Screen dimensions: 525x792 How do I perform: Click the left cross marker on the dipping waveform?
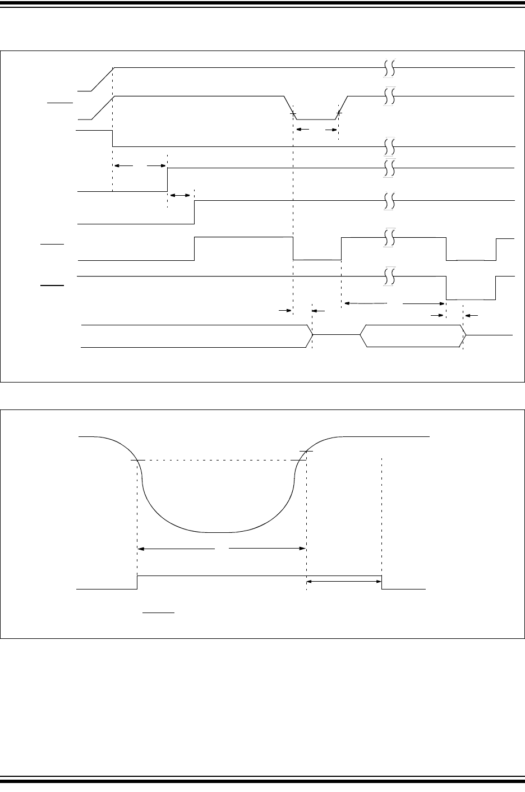pos(293,114)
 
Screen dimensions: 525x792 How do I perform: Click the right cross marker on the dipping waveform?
pos(339,114)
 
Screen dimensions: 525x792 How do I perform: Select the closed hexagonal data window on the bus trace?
pos(412,336)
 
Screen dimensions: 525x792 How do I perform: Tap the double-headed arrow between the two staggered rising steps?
pos(181,195)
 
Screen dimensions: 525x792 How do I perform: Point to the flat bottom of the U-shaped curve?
pos(221,531)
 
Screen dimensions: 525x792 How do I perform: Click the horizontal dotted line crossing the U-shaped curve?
pos(219,461)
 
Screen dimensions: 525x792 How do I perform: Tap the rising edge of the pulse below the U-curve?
pos(137,582)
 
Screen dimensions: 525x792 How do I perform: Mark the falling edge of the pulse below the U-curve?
pos(382,582)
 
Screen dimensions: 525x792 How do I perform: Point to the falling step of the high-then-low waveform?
pos(113,138)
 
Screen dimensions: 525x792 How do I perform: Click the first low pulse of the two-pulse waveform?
pos(317,260)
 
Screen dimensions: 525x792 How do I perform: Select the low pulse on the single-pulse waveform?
pos(470,299)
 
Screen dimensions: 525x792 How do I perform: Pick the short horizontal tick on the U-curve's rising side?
pos(306,451)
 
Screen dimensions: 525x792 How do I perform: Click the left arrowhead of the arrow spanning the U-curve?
pos(141,549)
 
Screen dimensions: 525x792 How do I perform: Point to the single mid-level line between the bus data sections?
pos(336,335)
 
